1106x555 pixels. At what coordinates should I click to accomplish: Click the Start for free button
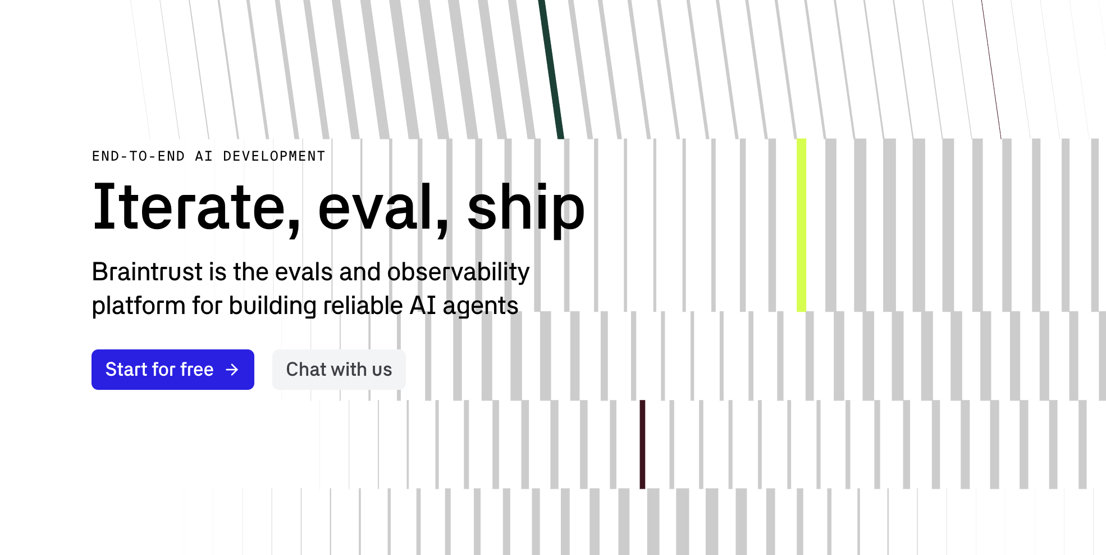[x=172, y=370]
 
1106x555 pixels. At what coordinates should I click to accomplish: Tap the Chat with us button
[x=339, y=370]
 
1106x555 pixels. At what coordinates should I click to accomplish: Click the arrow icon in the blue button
[x=232, y=370]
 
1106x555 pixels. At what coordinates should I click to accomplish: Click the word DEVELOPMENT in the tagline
[x=274, y=156]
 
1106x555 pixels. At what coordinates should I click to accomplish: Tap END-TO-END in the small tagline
[x=138, y=156]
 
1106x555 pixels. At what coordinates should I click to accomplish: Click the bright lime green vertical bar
[x=801, y=225]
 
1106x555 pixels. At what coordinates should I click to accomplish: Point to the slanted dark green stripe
[x=551, y=67]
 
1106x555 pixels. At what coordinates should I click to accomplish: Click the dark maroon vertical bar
[x=642, y=444]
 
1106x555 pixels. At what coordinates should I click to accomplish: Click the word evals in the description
[x=304, y=272]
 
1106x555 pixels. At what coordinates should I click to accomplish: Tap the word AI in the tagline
[x=204, y=156]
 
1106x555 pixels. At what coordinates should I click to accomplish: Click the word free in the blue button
[x=196, y=370]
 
